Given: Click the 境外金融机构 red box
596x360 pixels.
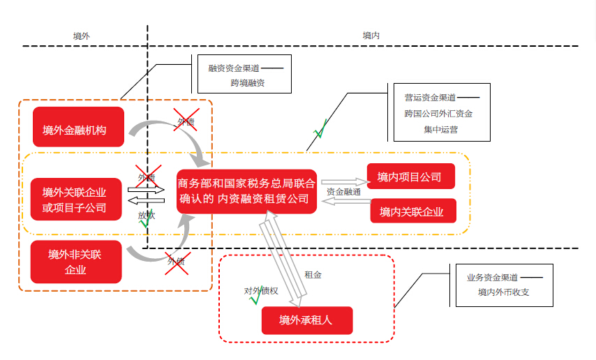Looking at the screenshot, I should click(x=78, y=127).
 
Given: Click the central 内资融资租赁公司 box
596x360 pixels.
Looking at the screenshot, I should click(x=246, y=191).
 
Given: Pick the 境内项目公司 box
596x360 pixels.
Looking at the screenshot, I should click(x=411, y=177).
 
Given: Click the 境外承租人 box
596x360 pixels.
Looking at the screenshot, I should click(x=307, y=320).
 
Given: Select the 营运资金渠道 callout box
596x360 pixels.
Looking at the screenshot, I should click(x=438, y=112).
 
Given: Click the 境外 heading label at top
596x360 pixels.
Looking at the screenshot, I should click(x=82, y=35).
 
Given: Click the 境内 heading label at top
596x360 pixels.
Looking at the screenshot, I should click(x=372, y=35).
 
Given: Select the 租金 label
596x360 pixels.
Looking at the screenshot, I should click(x=313, y=275).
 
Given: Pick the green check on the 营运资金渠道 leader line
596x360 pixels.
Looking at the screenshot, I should click(x=320, y=130).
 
